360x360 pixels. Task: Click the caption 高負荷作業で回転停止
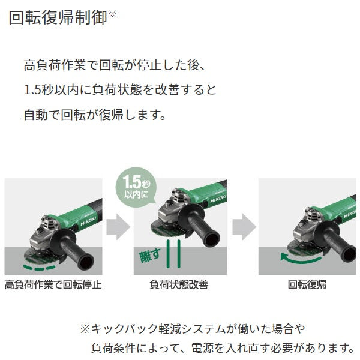pyautogui.click(x=52, y=284)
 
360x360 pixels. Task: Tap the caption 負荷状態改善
pyautogui.click(x=179, y=284)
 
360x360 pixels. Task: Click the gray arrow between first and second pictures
pyautogui.click(x=118, y=226)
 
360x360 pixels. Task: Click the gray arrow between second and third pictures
pyautogui.click(x=244, y=226)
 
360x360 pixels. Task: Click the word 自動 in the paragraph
pyautogui.click(x=38, y=113)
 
